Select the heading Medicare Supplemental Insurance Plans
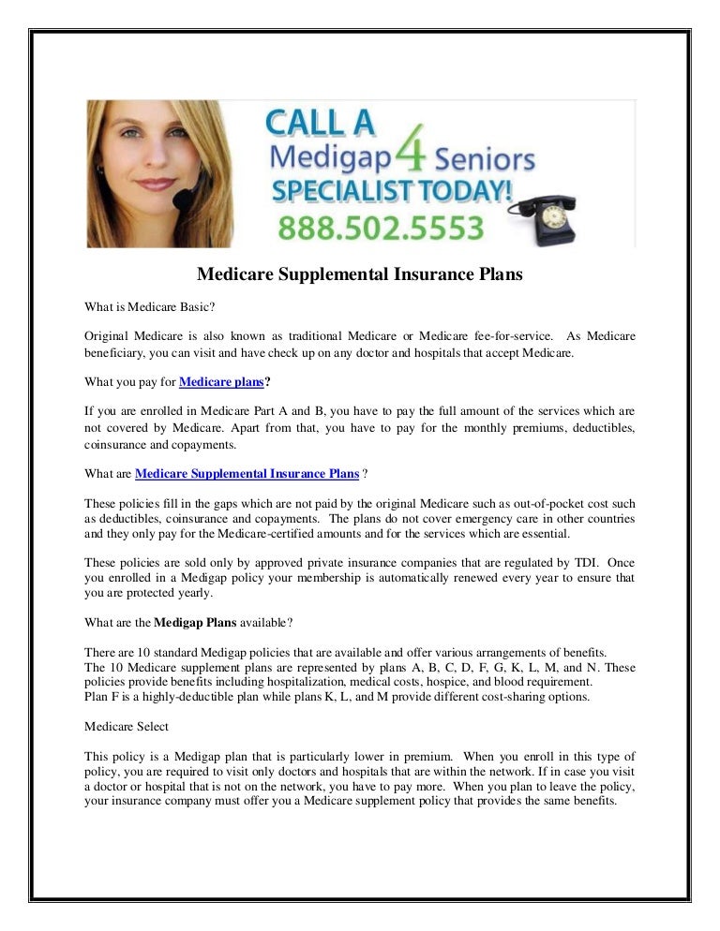click(359, 275)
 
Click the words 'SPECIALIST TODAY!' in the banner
click(392, 191)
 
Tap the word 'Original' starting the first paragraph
click(108, 336)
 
